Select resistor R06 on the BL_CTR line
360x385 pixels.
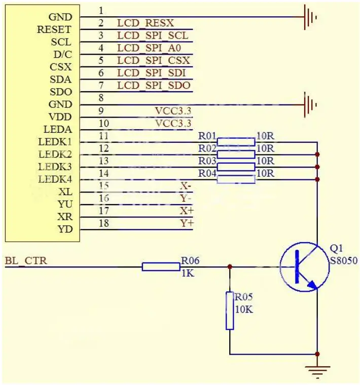[161, 266]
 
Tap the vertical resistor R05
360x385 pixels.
[230, 311]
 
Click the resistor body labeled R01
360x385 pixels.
[236, 141]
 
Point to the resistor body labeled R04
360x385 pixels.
[236, 179]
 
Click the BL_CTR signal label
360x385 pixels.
[26, 261]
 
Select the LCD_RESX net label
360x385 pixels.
[146, 23]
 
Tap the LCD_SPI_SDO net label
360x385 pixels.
[154, 85]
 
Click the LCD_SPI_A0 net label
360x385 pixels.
[149, 48]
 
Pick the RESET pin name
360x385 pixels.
[54, 30]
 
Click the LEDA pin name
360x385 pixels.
[58, 130]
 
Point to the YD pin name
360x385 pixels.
[65, 229]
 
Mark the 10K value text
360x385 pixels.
[243, 309]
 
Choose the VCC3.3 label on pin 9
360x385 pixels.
[173, 110]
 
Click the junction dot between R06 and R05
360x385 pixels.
[230, 266]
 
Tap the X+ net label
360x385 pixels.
[186, 210]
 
